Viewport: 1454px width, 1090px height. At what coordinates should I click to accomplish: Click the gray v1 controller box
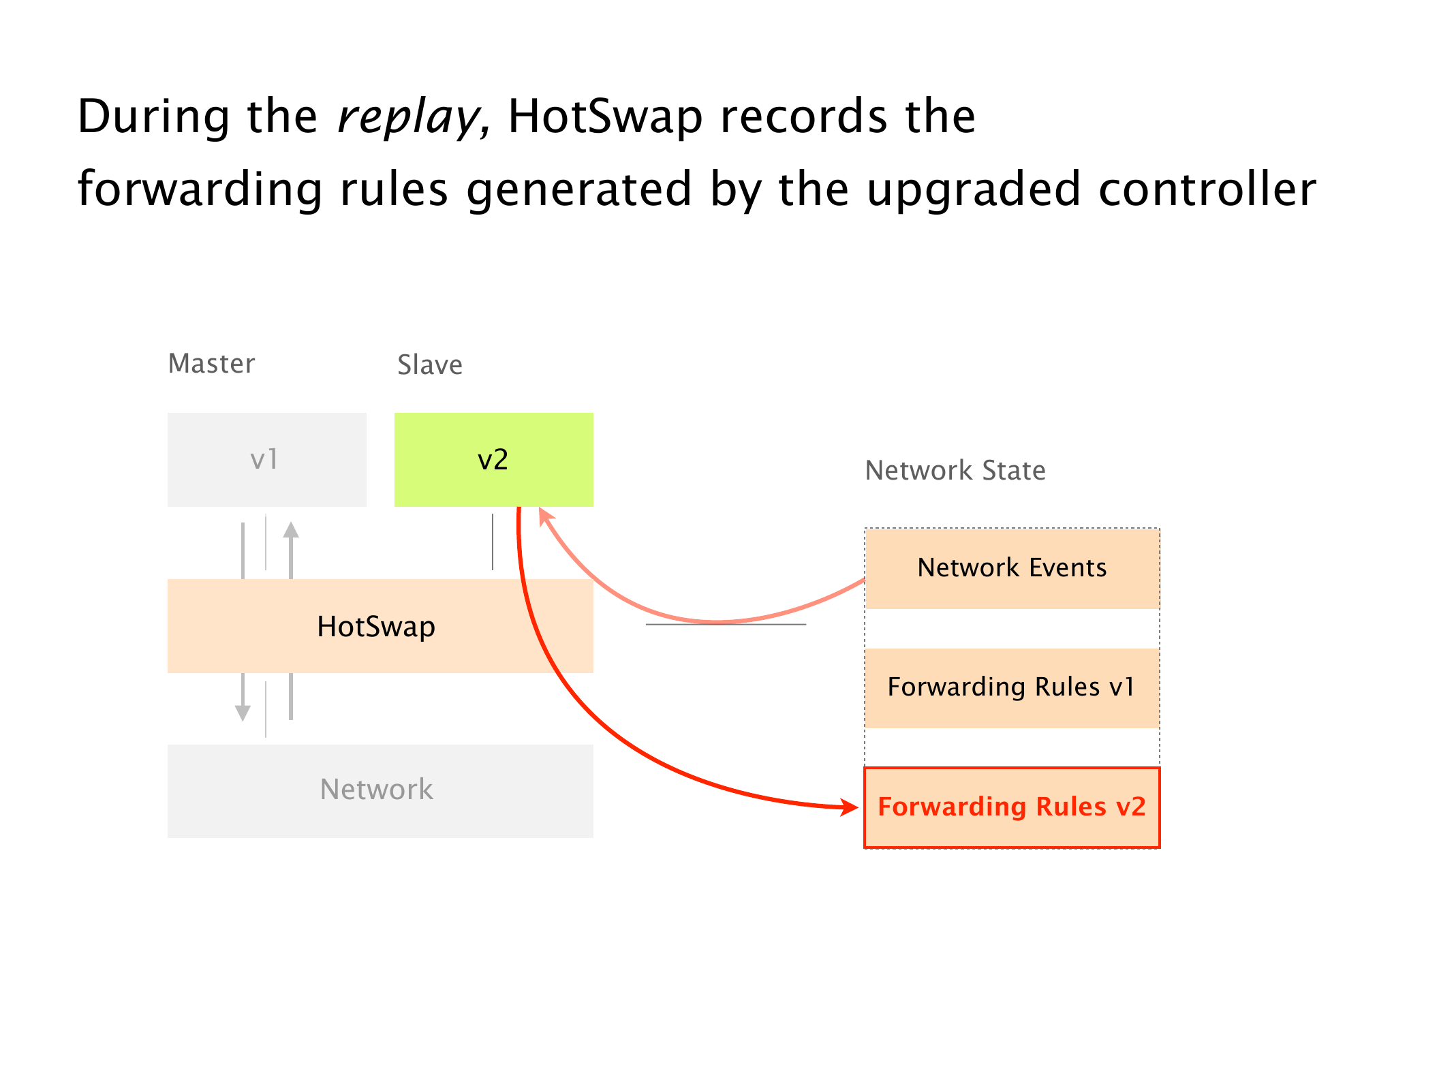266,459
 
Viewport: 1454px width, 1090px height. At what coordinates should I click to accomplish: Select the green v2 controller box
493,459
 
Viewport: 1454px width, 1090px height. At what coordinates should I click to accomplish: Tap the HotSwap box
376,626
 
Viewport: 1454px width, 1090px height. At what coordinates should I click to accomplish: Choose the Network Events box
1012,568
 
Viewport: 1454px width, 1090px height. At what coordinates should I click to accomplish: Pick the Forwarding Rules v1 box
1012,687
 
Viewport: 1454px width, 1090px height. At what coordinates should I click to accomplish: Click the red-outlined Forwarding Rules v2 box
1012,807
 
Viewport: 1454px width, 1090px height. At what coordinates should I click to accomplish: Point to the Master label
211,364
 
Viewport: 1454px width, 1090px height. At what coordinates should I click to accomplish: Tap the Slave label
430,365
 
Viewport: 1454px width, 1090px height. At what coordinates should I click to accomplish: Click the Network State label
955,471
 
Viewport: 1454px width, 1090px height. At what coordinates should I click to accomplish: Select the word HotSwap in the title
605,117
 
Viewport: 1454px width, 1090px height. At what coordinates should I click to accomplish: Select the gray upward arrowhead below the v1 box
291,530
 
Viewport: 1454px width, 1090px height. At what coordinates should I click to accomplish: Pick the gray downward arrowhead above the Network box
243,713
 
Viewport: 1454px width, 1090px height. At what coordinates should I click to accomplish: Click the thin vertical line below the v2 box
493,542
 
